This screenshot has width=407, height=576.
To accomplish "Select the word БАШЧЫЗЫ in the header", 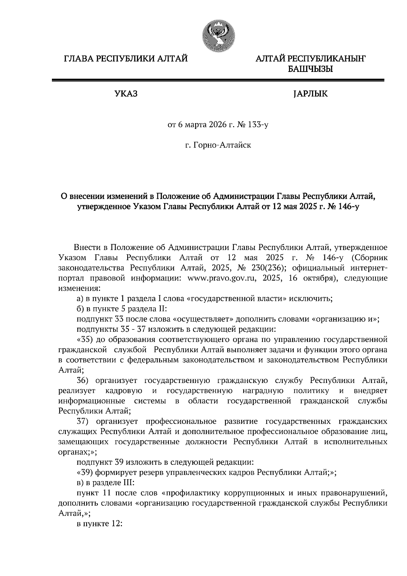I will pyautogui.click(x=310, y=69).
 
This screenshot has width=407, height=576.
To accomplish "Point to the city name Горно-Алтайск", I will pyautogui.click(x=222, y=146).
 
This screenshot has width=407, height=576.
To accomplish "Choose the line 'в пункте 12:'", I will pyautogui.click(x=99, y=523).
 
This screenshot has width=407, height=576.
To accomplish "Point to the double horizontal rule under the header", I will pyautogui.click(x=218, y=80).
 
